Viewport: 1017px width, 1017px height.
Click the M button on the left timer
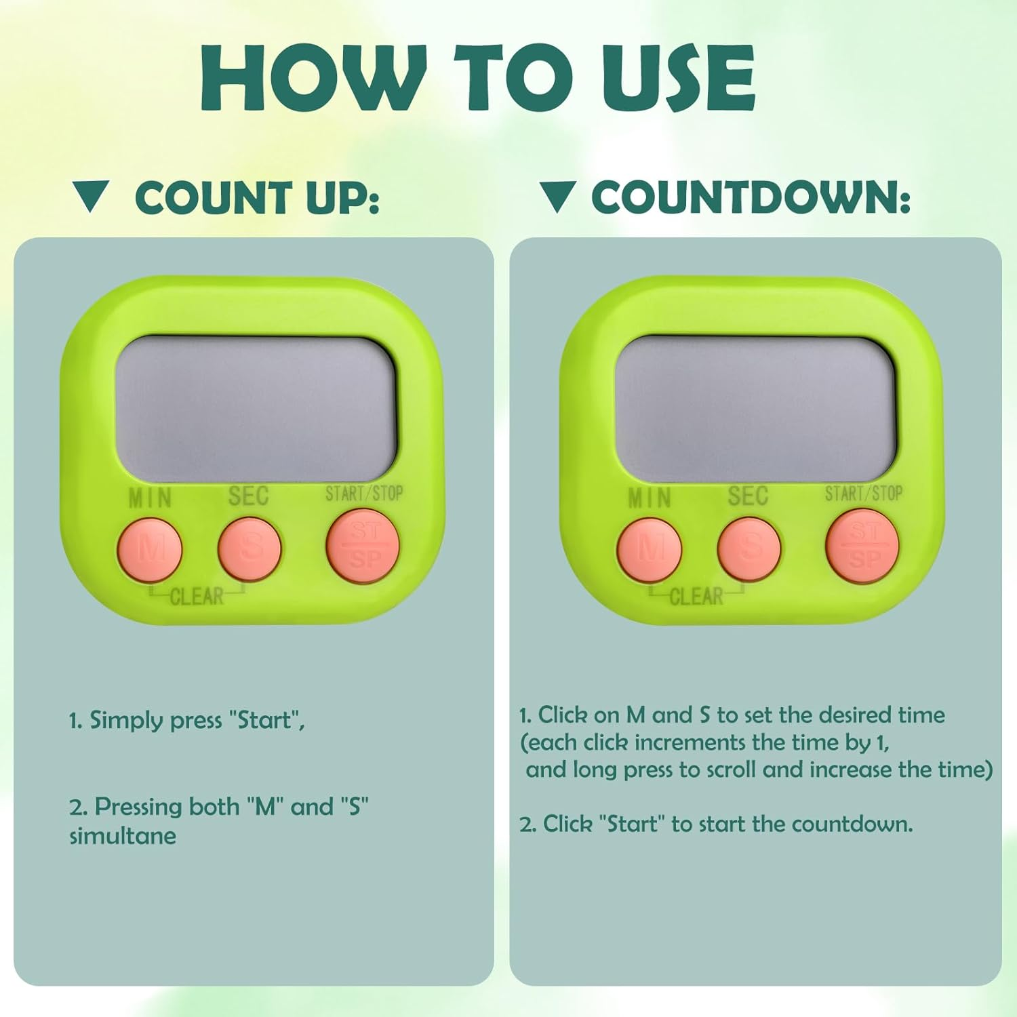click(150, 549)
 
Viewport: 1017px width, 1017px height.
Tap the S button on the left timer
click(250, 548)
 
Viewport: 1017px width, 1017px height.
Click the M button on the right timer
click(650, 549)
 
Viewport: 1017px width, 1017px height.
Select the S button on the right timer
click(749, 548)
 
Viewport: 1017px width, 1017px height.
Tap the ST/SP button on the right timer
click(862, 546)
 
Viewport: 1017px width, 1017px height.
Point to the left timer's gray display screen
click(255, 410)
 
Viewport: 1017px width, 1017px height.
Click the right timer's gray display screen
click(755, 410)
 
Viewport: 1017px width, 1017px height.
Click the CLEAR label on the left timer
click(197, 597)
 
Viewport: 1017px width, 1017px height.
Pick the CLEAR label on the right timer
click(696, 597)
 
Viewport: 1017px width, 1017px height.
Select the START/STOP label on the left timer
click(364, 493)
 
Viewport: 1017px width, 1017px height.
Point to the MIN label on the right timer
click(650, 498)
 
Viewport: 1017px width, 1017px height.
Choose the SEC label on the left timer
click(248, 496)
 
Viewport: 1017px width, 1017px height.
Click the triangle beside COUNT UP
click(91, 197)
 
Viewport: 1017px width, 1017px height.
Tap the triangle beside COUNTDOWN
click(558, 197)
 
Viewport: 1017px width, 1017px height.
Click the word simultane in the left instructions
click(123, 836)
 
